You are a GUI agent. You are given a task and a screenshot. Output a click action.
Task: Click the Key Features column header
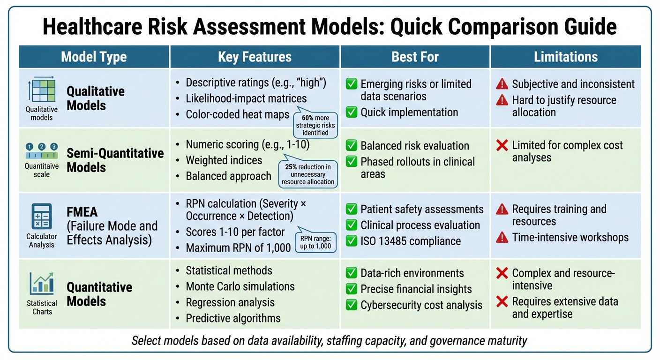255,57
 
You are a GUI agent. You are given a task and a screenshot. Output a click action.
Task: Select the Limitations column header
566,57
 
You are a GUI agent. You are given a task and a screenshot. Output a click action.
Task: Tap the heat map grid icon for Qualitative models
42,90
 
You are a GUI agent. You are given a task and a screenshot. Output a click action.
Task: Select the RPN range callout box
315,242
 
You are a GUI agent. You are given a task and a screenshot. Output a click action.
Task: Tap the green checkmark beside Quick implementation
351,112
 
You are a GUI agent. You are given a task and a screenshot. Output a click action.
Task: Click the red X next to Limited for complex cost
502,145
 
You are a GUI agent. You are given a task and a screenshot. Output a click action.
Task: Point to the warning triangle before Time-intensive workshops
502,238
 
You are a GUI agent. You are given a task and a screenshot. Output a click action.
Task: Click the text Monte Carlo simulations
240,286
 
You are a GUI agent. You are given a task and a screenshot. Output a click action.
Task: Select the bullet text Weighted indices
224,160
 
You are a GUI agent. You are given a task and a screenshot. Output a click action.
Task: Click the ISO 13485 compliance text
411,241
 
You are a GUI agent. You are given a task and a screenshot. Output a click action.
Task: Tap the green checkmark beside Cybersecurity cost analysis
351,305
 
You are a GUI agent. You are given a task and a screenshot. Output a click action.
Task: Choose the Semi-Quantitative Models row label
115,160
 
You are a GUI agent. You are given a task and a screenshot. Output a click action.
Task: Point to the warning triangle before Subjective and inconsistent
502,84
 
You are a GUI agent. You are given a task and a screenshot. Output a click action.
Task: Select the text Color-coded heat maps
237,114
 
